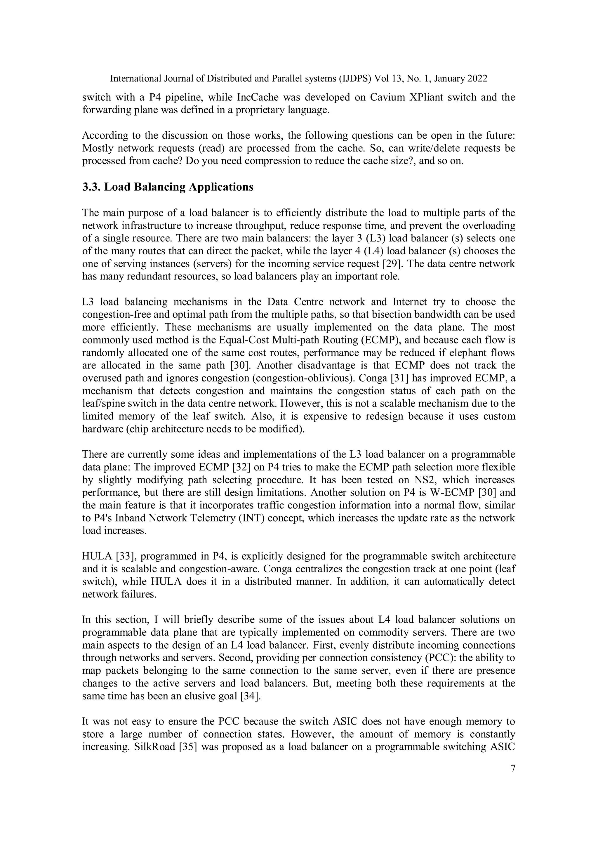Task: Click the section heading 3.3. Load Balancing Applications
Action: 168,187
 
